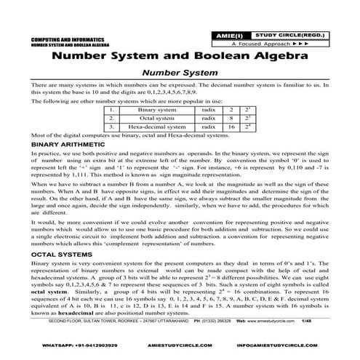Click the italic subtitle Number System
(180, 73)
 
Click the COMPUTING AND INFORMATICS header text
(60, 35)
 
